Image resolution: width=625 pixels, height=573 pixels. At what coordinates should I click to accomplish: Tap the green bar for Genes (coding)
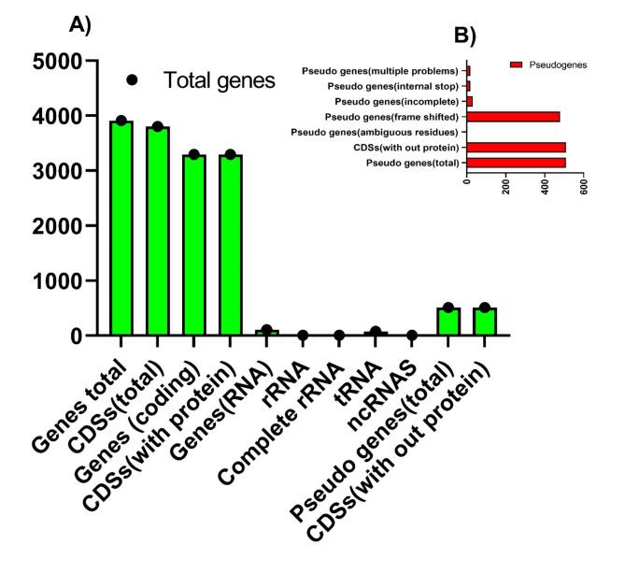[x=194, y=244]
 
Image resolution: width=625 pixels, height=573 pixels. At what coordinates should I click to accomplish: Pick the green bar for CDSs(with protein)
[x=231, y=244]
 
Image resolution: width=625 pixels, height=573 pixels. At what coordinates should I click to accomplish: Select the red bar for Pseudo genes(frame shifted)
[x=513, y=117]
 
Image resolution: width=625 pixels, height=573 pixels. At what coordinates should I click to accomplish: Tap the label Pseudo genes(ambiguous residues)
[x=375, y=132]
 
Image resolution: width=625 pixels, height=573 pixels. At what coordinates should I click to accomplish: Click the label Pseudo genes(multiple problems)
[x=380, y=71]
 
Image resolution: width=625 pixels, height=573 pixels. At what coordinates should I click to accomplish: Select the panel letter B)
[x=464, y=36]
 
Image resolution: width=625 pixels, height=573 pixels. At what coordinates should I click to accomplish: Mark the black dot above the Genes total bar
[x=121, y=121]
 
